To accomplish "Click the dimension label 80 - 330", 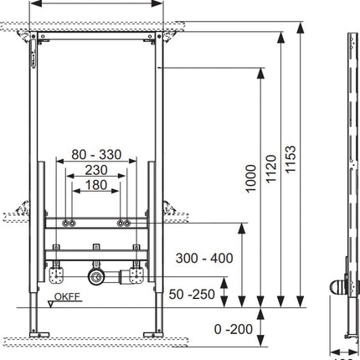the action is (96, 155).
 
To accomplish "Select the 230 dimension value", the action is (96, 170).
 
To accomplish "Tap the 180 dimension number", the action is (96, 185).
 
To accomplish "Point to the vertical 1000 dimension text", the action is (250, 178).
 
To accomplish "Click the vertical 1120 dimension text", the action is (270, 169).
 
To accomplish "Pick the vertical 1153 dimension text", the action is (291, 159).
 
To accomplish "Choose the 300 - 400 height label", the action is (204, 258).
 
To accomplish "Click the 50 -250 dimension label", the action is (192, 294).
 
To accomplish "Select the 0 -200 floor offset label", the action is (234, 329).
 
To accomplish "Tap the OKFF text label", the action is (67, 296).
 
